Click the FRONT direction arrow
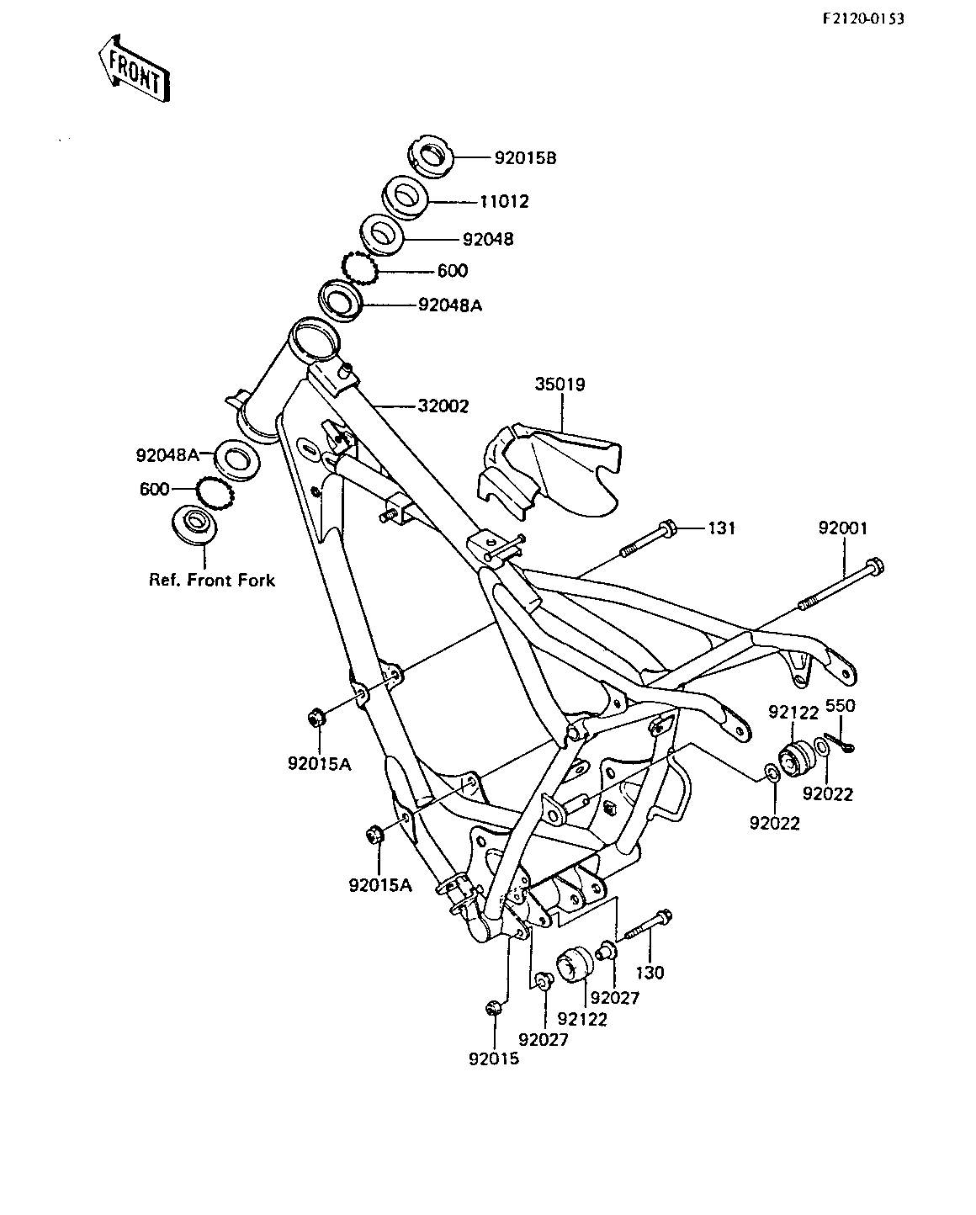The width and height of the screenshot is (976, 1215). (135, 69)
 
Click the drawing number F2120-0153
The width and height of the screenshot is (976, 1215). (863, 19)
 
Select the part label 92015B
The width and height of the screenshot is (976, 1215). (526, 158)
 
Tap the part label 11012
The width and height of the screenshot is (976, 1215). (504, 202)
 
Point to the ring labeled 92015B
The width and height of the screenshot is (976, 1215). (430, 157)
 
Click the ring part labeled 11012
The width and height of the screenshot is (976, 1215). (405, 198)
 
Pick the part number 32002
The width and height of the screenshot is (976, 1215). (443, 406)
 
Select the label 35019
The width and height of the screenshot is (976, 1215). (560, 385)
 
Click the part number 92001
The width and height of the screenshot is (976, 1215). (843, 528)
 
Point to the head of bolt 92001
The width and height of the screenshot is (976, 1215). (874, 565)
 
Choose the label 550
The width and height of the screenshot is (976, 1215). (841, 706)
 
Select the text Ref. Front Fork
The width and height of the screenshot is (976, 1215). (212, 581)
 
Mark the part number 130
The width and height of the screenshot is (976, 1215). (650, 973)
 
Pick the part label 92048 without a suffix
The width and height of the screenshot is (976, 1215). (488, 240)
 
